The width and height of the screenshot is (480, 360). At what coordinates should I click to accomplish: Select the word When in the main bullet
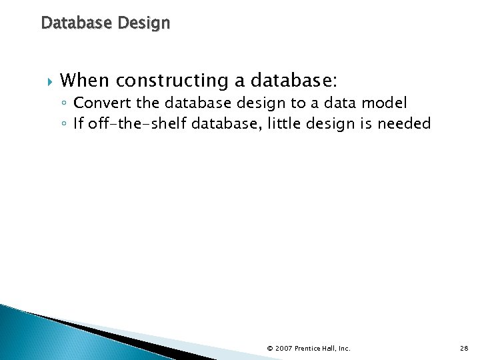85,81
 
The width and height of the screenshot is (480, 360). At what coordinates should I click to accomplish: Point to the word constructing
171,81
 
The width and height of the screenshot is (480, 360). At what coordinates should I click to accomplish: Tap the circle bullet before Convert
63,104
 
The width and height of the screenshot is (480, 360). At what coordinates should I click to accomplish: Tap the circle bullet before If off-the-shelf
63,124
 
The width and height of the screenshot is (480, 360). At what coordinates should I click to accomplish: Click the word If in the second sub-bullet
78,123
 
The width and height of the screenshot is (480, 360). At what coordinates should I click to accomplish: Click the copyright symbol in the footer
269,348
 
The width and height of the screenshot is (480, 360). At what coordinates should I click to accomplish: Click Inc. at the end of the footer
343,348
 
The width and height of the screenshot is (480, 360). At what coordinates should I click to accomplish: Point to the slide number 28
464,348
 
